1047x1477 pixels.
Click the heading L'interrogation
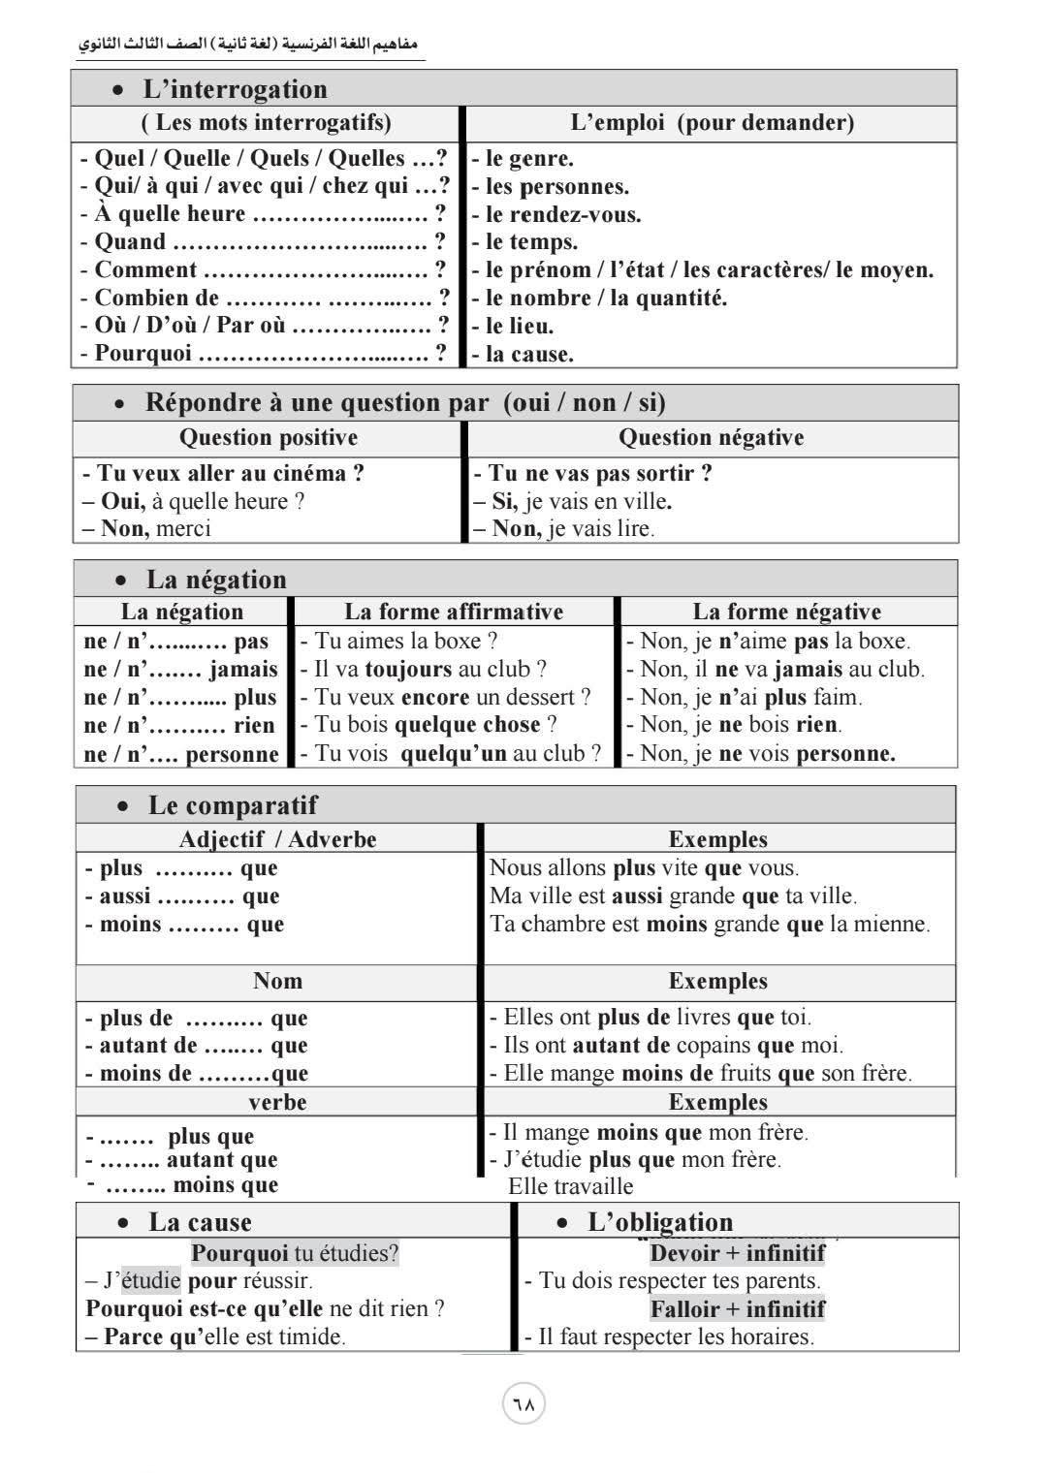point(236,89)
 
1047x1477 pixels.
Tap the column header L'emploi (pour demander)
point(713,122)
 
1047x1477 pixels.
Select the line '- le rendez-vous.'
point(556,214)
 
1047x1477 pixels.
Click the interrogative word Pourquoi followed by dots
point(264,354)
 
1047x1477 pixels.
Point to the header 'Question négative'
point(712,437)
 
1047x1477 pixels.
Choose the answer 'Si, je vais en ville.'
point(573,501)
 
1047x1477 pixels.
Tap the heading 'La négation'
point(216,580)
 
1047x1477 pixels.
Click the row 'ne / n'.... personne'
point(181,754)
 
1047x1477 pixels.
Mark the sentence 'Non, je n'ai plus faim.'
point(744,697)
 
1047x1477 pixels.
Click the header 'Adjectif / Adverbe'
point(278,839)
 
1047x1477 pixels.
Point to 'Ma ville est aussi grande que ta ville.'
point(674,896)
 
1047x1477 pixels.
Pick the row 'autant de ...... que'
point(197,1046)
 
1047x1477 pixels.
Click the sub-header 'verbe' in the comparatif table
point(277,1102)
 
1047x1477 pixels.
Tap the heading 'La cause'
point(200,1222)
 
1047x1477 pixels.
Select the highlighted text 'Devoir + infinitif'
point(738,1253)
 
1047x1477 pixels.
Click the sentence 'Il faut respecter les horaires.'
point(669,1337)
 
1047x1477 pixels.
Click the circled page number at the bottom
point(523,1404)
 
